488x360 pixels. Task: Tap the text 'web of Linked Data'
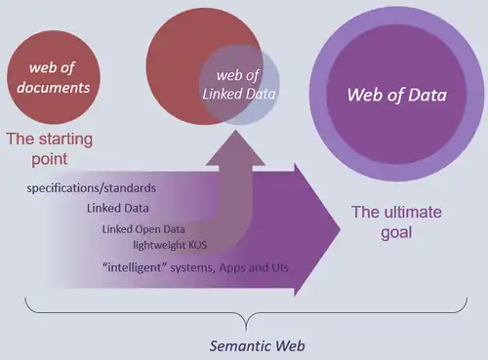[240, 86]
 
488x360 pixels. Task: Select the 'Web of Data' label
[398, 96]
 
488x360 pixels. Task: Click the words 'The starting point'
[50, 148]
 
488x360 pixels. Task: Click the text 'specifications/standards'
[93, 186]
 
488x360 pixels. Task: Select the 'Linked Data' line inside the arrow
[112, 207]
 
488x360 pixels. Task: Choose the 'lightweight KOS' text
[169, 246]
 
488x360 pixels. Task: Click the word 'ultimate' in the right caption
[398, 212]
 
